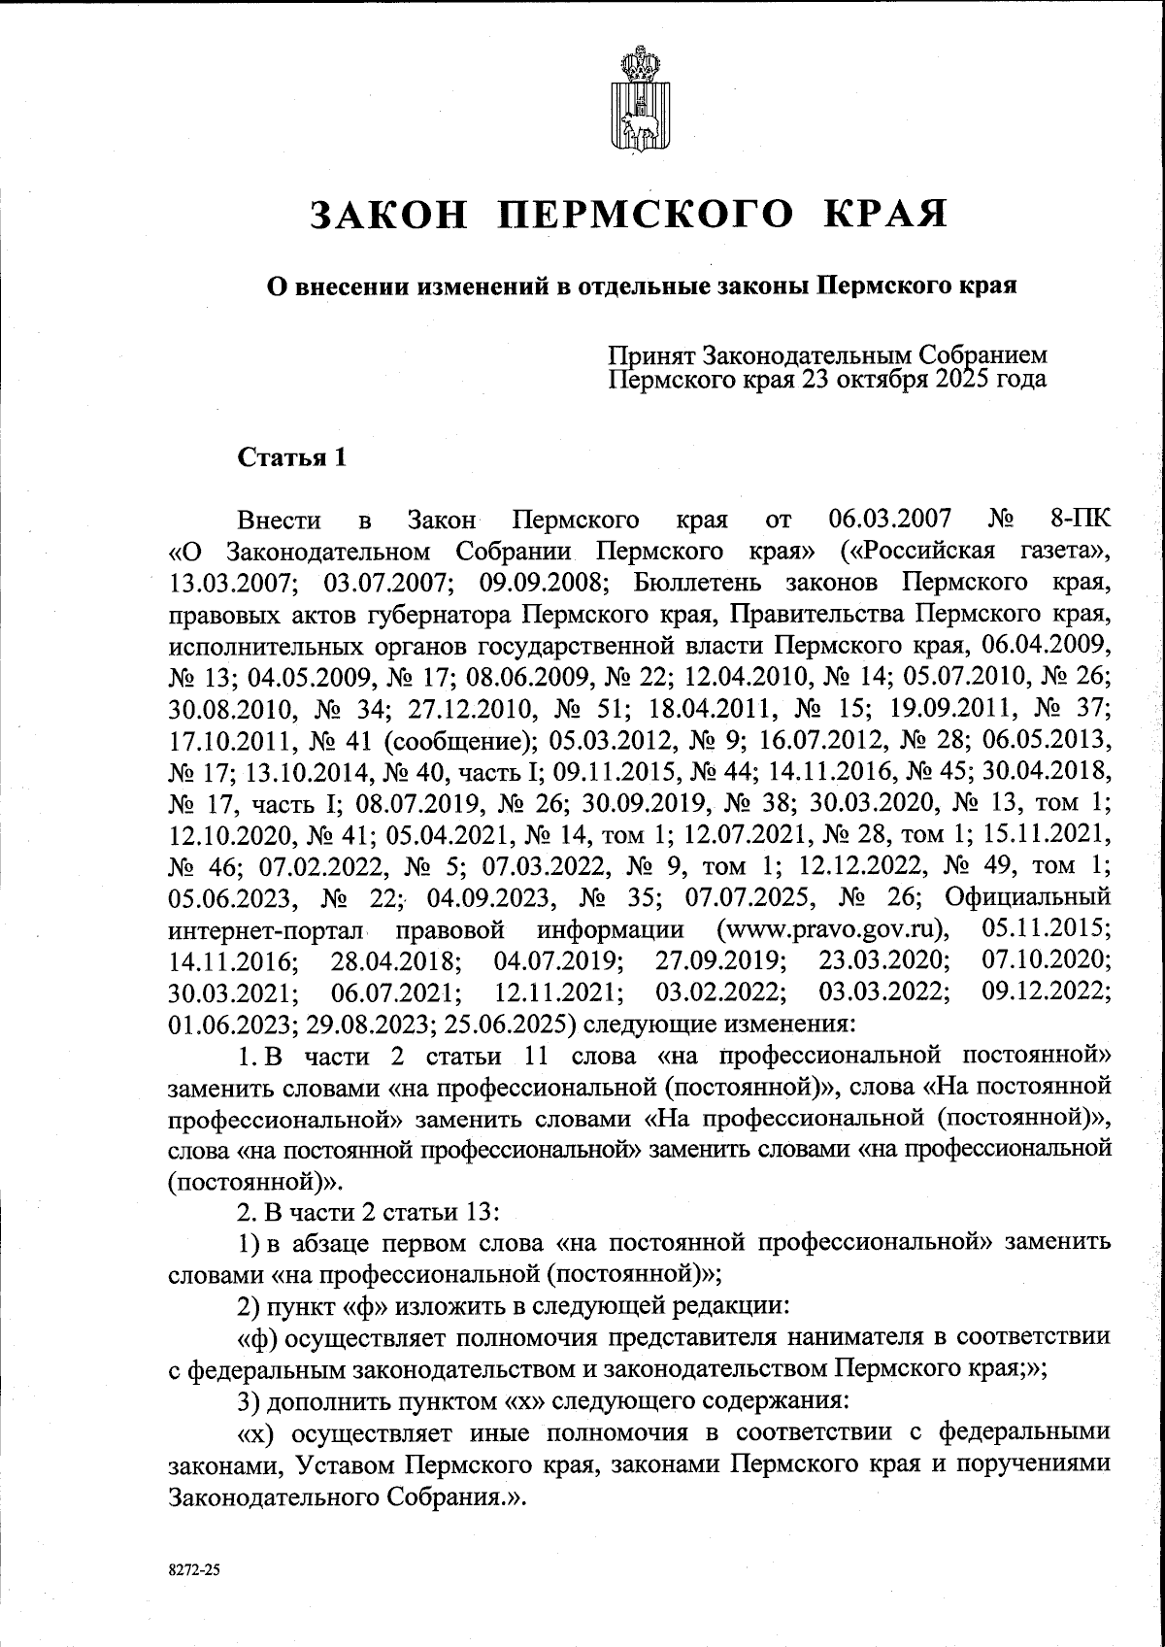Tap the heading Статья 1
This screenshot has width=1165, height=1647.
click(292, 457)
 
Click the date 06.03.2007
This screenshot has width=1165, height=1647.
click(890, 519)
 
